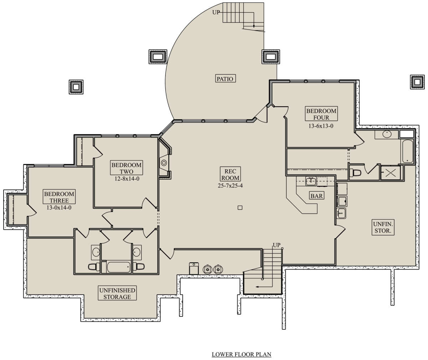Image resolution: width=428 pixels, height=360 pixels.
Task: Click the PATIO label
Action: pos(225,79)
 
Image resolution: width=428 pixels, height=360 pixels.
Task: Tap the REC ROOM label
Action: pos(230,174)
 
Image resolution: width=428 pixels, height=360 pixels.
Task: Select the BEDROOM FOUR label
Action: pos(321,114)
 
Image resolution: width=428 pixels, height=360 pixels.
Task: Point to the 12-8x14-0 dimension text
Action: pos(127,179)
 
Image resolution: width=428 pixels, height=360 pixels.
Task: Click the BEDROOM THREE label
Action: pos(59,197)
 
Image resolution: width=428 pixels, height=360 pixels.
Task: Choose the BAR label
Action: pos(316,196)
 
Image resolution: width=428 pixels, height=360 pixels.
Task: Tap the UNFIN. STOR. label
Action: pos(383,227)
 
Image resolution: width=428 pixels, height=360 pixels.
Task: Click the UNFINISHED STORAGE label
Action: pos(117,293)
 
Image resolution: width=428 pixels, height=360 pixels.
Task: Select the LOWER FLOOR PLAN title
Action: pos(241,354)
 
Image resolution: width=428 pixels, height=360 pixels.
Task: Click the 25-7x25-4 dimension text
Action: pos(230,186)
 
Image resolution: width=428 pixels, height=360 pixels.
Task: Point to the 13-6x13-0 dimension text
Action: pos(321,126)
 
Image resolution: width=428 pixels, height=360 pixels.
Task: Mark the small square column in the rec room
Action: pos(240,208)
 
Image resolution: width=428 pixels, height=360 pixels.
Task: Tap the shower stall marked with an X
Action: pos(391,173)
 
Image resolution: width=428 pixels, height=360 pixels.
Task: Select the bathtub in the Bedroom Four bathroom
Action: pos(408,151)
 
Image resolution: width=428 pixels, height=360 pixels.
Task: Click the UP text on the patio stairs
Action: pos(216,12)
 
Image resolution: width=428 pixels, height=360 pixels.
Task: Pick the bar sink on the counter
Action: pos(311,181)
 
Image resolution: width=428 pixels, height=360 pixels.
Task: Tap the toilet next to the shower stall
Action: pos(356,173)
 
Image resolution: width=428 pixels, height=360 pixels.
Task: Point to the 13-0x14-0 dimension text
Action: pos(59,207)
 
